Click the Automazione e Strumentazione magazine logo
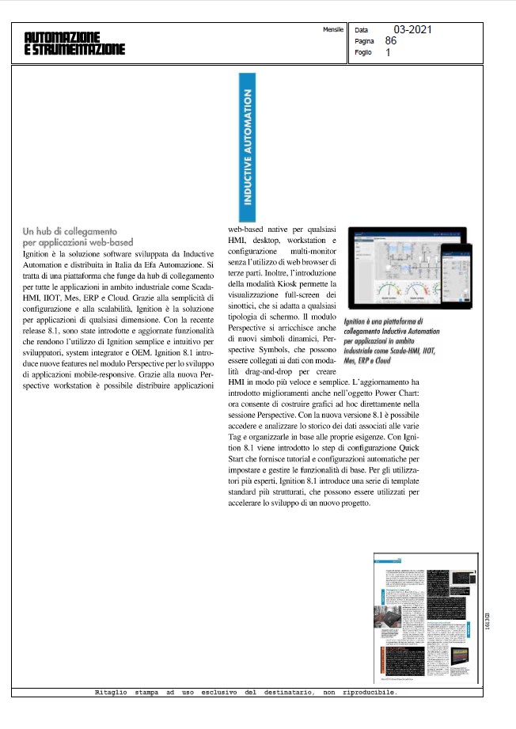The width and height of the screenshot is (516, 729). tap(74, 43)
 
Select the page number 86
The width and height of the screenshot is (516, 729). tap(391, 40)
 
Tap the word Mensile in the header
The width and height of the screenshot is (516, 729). tap(334, 28)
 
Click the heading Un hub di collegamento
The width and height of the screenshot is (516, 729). tap(70, 231)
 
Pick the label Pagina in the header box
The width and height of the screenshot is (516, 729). tap(365, 41)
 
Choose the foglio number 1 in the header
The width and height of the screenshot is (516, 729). tap(388, 53)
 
